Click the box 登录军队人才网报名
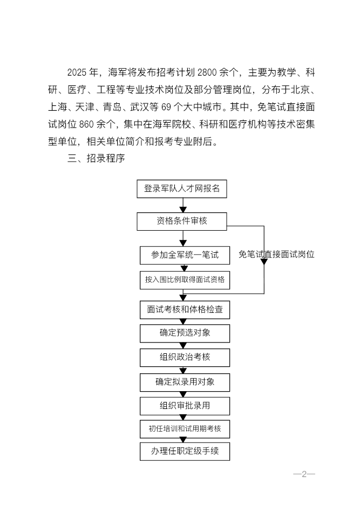tap(182, 189)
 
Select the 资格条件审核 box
tap(182, 220)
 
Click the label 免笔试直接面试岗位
tap(276, 254)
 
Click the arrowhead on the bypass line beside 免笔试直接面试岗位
tap(264, 261)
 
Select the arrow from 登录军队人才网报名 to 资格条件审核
tap(184, 205)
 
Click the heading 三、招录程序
tap(97, 159)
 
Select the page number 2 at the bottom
tap(304, 474)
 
